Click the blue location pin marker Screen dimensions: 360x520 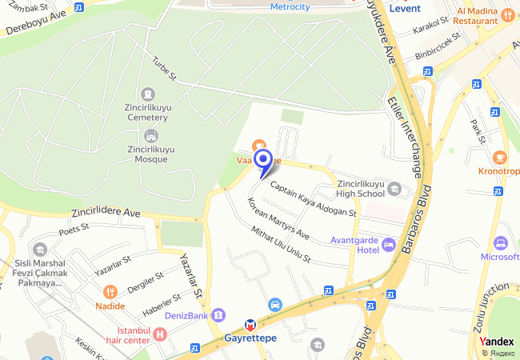pyautogui.click(x=263, y=161)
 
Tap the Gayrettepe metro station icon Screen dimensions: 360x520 pyautogui.click(x=250, y=325)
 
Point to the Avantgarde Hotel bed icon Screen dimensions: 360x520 pyautogui.click(x=389, y=243)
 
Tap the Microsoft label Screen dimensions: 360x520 pyautogui.click(x=499, y=257)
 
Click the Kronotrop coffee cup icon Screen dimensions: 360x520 pyautogui.click(x=500, y=157)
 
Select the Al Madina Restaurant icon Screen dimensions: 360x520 pyautogui.click(x=507, y=14)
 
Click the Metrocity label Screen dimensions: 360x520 pyautogui.click(x=290, y=7)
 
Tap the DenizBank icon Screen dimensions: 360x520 pyautogui.click(x=218, y=314)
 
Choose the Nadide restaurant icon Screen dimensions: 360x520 pyautogui.click(x=111, y=292)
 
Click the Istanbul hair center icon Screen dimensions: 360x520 pyautogui.click(x=160, y=334)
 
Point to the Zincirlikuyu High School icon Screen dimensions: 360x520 pyautogui.click(x=394, y=189)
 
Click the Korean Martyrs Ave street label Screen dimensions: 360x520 pyautogui.click(x=278, y=220)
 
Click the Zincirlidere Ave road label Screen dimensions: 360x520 pyautogui.click(x=106, y=214)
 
